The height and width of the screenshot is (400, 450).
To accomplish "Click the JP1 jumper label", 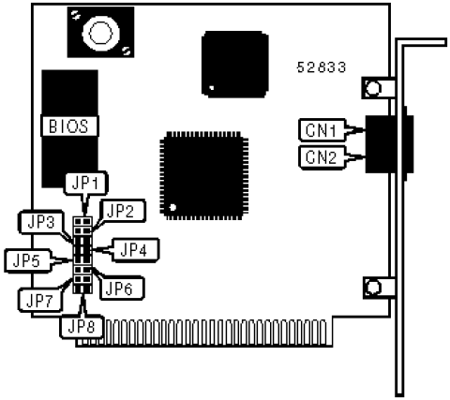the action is click(x=85, y=184).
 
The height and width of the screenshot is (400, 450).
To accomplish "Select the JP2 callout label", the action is click(x=120, y=211).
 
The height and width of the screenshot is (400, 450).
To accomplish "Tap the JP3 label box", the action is click(x=41, y=223).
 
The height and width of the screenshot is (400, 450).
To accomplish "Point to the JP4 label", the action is click(x=134, y=250).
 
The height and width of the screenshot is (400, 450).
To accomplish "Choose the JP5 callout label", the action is click(x=27, y=260).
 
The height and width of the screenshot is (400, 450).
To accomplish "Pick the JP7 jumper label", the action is click(x=40, y=301).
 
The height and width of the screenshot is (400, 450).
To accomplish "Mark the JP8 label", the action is click(x=82, y=327).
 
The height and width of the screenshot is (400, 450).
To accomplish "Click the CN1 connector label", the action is click(x=322, y=130).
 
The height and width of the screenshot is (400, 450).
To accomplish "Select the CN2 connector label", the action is click(x=322, y=157).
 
